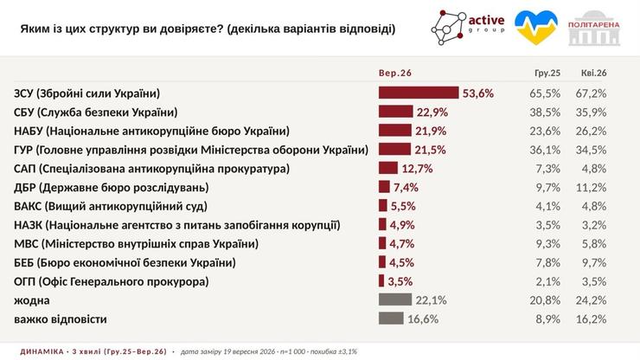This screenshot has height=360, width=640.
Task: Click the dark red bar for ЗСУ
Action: tap(419, 93)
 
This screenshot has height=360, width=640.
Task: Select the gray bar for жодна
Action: tap(395, 299)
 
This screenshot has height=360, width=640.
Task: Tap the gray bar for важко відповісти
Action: tap(391, 318)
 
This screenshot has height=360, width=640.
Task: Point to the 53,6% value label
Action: tap(478, 93)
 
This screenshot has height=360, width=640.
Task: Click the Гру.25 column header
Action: tap(547, 74)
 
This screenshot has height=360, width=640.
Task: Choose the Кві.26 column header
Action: tap(594, 74)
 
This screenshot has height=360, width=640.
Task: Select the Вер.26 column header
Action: tap(395, 74)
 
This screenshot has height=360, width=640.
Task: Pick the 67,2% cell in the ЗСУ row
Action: tap(591, 93)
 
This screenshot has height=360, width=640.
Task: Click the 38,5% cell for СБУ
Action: tap(545, 112)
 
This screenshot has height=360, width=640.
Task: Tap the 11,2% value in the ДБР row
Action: tap(592, 188)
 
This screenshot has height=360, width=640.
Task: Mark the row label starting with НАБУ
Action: tap(152, 132)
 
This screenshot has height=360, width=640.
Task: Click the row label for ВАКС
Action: tap(111, 206)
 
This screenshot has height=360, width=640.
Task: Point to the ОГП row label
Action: tap(112, 281)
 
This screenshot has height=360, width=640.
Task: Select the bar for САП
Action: tap(388, 168)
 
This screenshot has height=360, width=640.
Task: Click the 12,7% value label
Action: tap(417, 169)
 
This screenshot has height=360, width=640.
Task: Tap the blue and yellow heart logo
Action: tap(535, 28)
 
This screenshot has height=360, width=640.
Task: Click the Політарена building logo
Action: tap(594, 29)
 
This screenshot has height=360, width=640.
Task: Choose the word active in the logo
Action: tap(486, 20)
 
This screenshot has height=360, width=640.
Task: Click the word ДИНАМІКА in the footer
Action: tap(42, 351)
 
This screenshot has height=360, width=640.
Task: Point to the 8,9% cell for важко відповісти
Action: tap(547, 319)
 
